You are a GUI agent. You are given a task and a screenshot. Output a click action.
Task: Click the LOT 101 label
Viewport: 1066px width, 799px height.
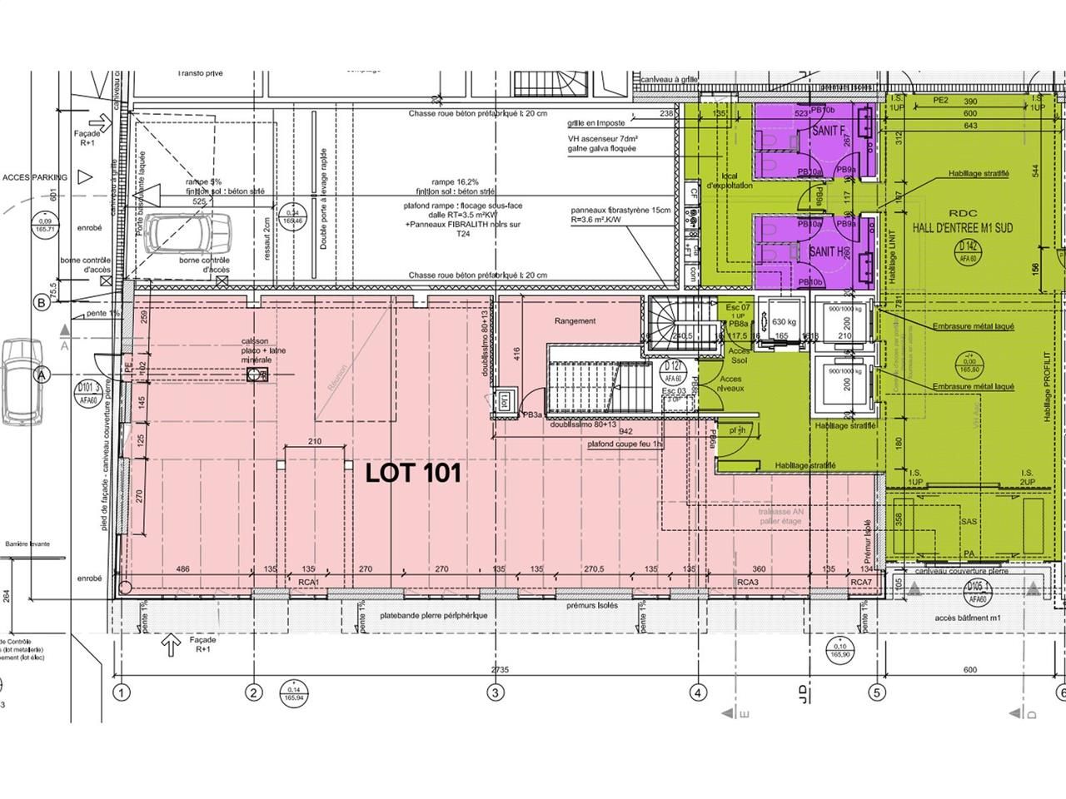413,474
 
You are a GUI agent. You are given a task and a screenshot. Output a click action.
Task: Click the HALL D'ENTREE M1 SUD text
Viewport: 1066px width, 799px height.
962,227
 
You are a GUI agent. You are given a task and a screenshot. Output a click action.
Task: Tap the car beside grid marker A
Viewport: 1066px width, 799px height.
17,381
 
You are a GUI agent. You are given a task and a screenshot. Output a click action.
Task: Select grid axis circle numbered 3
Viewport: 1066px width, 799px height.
496,692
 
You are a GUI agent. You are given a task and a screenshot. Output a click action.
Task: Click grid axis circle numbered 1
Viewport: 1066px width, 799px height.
122,692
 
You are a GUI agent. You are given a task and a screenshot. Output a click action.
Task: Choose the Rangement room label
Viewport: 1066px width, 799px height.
575,320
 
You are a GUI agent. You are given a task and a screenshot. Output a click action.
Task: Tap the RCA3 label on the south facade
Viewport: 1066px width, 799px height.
747,582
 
